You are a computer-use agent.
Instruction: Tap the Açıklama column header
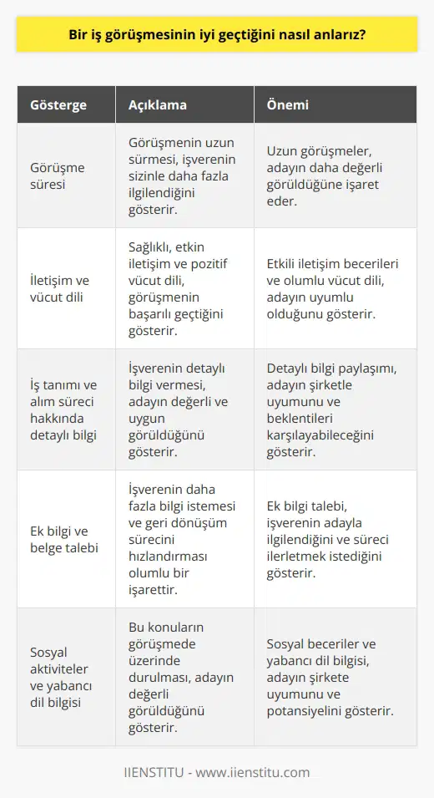point(158,106)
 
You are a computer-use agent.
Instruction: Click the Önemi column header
point(288,106)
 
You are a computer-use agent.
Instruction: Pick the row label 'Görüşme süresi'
point(56,176)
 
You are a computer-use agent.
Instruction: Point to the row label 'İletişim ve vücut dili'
point(58,287)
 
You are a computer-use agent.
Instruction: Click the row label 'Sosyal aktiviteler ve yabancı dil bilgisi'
point(59,677)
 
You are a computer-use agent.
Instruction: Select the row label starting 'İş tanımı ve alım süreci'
point(63,409)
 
